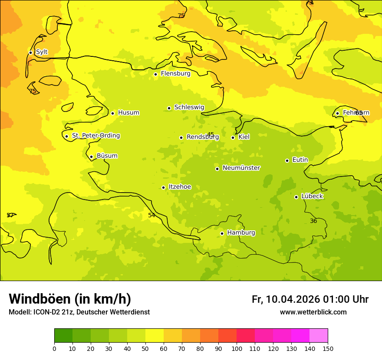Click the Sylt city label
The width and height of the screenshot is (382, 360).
coord(42,52)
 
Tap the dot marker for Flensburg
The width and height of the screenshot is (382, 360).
coord(155,74)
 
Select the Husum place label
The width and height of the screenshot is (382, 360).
coord(128,113)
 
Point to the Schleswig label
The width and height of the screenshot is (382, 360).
coord(189,107)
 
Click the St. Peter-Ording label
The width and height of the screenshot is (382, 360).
coord(95,136)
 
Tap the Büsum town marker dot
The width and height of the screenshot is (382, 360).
coord(91,157)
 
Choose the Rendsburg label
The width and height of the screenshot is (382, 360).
coord(202,137)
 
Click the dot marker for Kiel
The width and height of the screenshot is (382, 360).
coord(233,137)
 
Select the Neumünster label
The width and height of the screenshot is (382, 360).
coord(241,168)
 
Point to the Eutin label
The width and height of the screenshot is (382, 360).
coord(300,160)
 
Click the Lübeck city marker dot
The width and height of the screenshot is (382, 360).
coord(296,197)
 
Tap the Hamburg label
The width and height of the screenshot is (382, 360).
coord(241,233)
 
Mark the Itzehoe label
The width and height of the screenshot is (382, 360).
coord(179,187)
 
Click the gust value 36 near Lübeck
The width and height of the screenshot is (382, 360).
coord(313,221)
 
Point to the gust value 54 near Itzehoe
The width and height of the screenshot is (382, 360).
coord(151,216)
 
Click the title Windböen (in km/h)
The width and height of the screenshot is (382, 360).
coord(70,299)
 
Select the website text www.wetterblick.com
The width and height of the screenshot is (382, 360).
coord(313,312)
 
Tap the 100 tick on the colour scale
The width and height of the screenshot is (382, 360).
coord(237,348)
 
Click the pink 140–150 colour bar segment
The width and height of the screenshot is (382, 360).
coord(319,336)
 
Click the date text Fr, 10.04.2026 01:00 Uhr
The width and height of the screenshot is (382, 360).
coord(310,299)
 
